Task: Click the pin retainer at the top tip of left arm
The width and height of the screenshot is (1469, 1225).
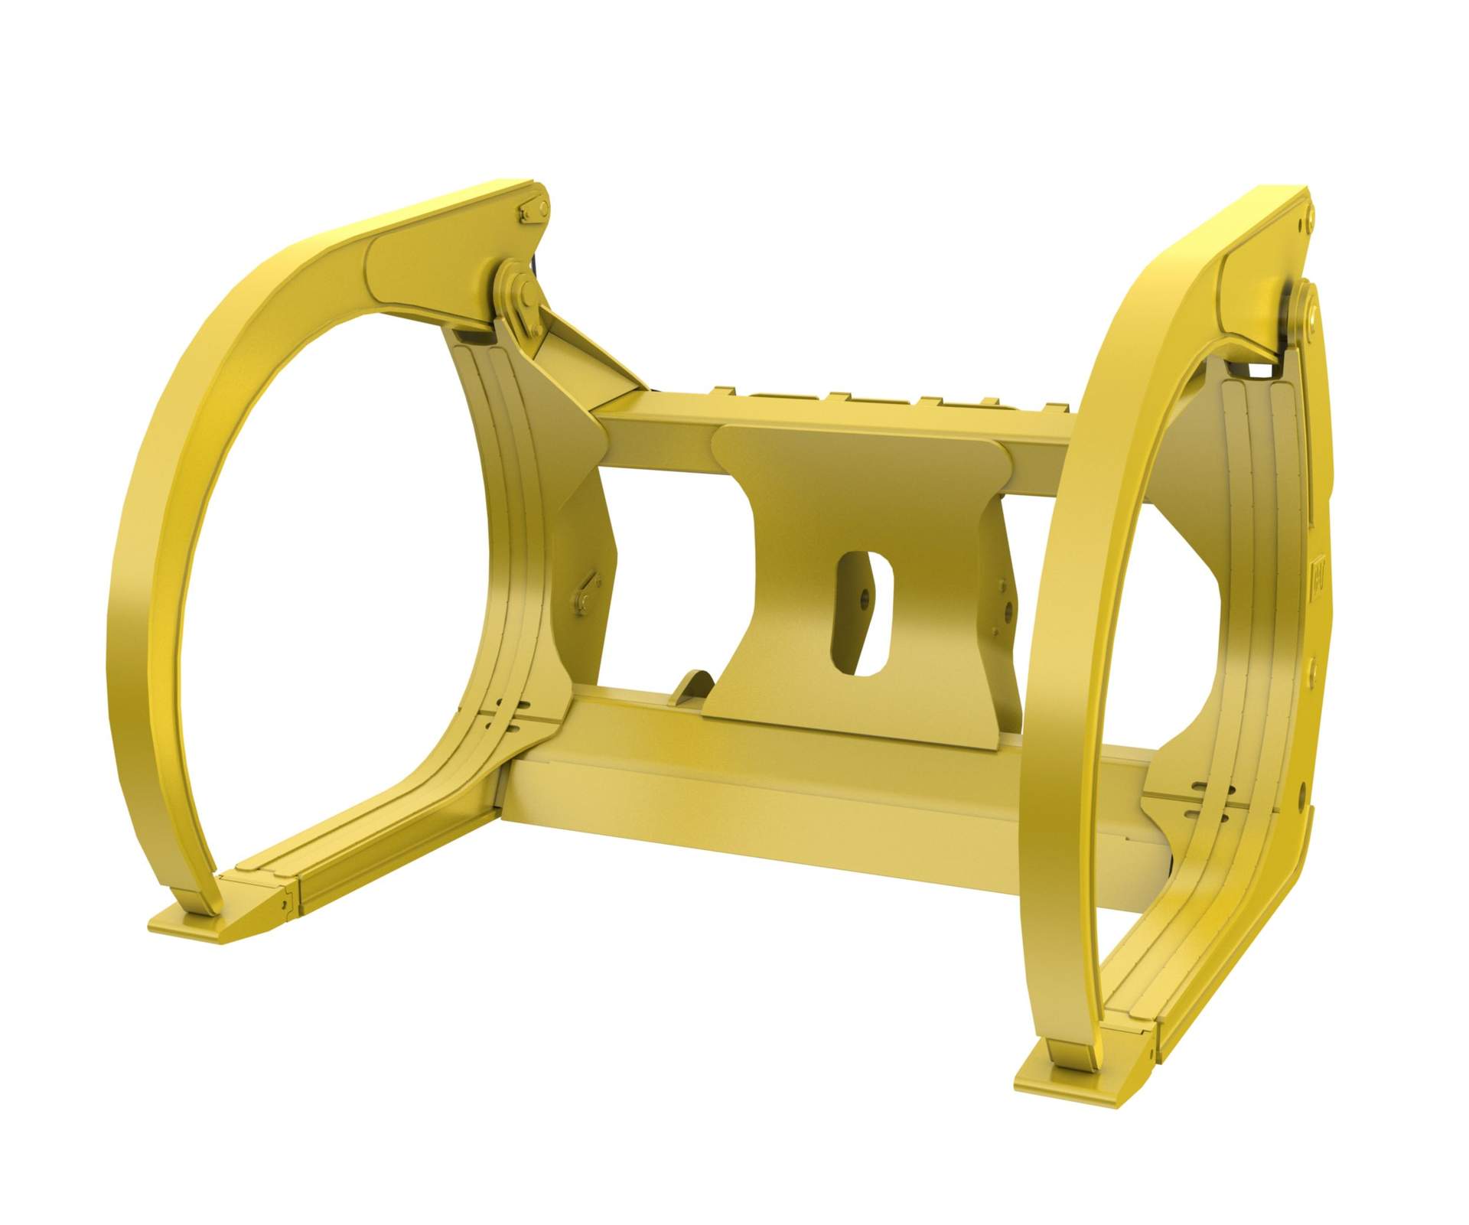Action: coord(533,209)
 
